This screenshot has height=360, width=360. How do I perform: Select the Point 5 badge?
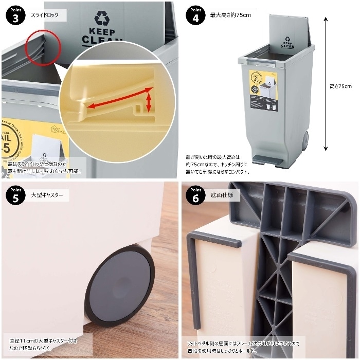click(x=16, y=196)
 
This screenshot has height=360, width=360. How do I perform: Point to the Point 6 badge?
click(x=196, y=196)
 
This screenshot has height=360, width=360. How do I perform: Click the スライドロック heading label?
click(x=49, y=15)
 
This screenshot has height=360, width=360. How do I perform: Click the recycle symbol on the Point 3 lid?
click(x=102, y=19)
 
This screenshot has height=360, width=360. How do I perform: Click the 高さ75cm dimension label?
click(x=340, y=86)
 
